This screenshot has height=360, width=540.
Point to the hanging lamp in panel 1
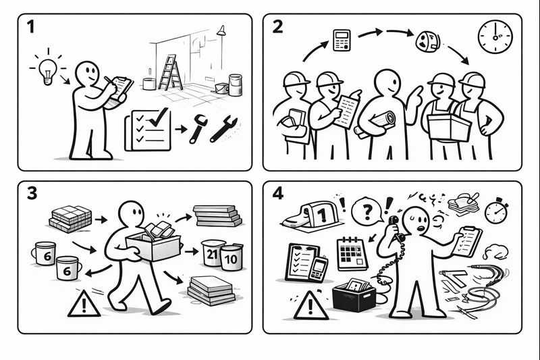[x=221, y=30]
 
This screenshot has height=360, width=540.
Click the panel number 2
[x=277, y=26]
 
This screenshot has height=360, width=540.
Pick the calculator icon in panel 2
[x=342, y=41]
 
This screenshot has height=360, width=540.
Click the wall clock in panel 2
[x=495, y=37]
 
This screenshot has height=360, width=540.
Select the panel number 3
[x=32, y=193]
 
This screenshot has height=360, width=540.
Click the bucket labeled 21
[x=213, y=253]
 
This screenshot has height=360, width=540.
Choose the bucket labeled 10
[x=231, y=257]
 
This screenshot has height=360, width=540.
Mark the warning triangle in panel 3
[x=84, y=303]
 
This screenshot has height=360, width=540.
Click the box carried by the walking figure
[x=154, y=246]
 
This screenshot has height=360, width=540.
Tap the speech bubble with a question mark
[x=367, y=210]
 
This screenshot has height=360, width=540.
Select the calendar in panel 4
[x=352, y=253]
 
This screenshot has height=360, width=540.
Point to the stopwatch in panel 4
[x=496, y=211]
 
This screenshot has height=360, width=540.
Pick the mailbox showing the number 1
[x=312, y=215]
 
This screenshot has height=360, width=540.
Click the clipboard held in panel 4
[x=466, y=242]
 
